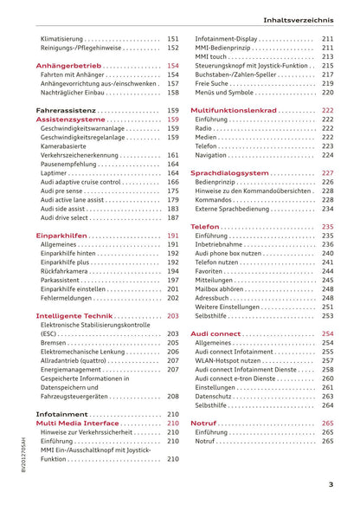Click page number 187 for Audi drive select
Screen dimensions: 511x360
click(x=172, y=217)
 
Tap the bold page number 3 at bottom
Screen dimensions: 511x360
click(x=331, y=485)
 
